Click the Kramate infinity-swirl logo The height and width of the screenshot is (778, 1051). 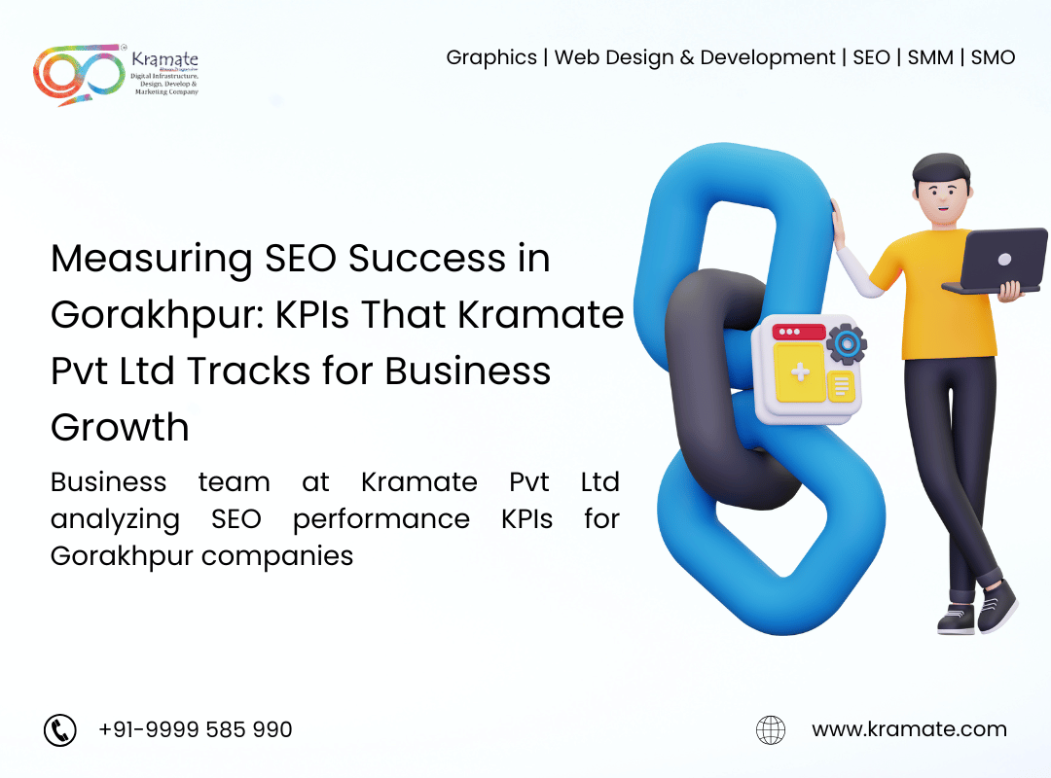[x=79, y=74]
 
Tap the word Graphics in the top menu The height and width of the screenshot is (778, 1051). [x=491, y=58]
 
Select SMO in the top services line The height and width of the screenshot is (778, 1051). [x=993, y=57]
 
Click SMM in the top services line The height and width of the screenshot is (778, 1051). [x=930, y=57]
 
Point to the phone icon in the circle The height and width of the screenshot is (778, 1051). [x=60, y=729]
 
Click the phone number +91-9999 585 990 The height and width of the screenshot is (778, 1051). [x=195, y=729]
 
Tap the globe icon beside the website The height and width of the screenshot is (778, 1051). [x=771, y=729]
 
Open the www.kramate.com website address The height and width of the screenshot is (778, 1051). [x=909, y=729]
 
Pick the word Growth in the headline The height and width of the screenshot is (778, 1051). [x=120, y=428]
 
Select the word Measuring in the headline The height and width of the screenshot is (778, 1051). [x=152, y=260]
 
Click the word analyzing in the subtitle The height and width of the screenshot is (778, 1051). [x=115, y=520]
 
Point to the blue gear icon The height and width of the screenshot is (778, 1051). [x=847, y=344]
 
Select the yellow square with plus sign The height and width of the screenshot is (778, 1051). [x=800, y=371]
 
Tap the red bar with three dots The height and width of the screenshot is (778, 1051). [x=799, y=332]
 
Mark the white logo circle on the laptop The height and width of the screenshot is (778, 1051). [x=1004, y=260]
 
